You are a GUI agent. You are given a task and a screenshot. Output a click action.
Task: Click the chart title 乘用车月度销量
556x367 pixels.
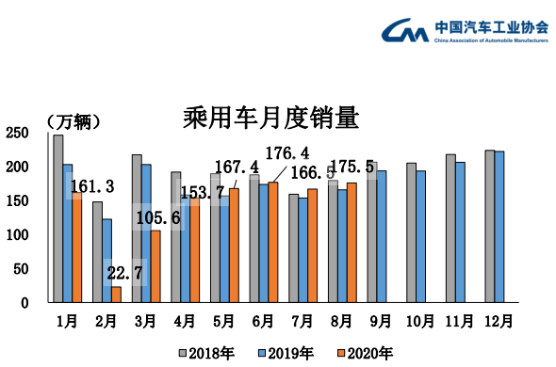click(x=270, y=120)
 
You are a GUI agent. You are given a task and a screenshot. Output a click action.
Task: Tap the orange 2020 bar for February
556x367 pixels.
click(x=117, y=295)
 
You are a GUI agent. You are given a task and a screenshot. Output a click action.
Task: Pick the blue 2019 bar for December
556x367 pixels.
click(x=499, y=227)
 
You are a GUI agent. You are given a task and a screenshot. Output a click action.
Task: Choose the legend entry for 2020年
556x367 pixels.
click(x=364, y=354)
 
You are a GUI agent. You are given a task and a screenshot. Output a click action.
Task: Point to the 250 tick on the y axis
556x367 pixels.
click(x=16, y=134)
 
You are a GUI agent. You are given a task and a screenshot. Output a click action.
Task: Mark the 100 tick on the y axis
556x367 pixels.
click(x=16, y=235)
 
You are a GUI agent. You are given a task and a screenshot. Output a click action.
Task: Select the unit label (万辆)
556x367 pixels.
click(x=73, y=121)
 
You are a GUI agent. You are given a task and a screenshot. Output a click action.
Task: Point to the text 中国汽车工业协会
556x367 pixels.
click(x=491, y=25)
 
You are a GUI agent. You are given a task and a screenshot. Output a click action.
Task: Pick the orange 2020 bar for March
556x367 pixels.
click(x=155, y=266)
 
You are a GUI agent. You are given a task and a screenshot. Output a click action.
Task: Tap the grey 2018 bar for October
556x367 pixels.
click(x=411, y=232)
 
